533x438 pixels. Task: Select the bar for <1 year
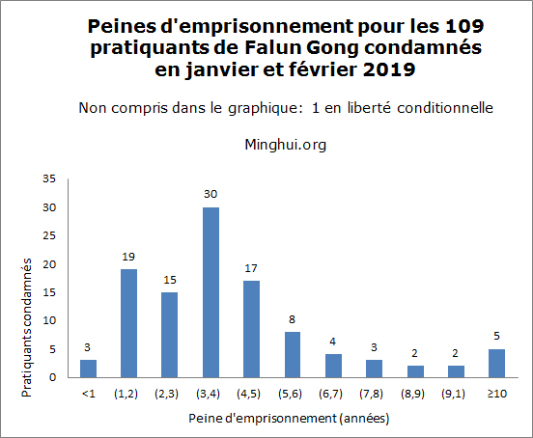pyautogui.click(x=88, y=369)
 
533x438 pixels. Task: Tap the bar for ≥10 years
pyautogui.click(x=496, y=363)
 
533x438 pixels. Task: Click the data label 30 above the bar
pyautogui.click(x=210, y=194)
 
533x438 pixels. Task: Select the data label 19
pyautogui.click(x=128, y=257)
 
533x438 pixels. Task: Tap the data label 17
pyautogui.click(x=251, y=268)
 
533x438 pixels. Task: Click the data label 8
pyautogui.click(x=292, y=319)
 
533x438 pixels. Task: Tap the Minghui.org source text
pyautogui.click(x=287, y=145)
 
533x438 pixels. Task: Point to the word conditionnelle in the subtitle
pyautogui.click(x=447, y=108)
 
